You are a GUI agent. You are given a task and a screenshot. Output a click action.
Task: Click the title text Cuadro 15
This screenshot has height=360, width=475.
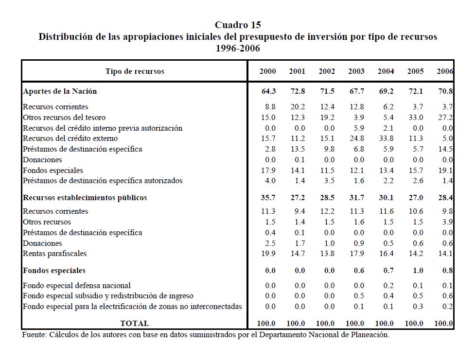click(238, 25)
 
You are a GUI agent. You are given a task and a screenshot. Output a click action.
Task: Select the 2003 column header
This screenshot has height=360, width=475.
click(356, 71)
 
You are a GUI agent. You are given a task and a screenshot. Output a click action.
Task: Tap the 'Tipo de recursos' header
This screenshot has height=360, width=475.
click(135, 71)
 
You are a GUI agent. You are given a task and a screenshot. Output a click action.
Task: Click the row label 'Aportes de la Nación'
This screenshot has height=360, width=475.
click(60, 91)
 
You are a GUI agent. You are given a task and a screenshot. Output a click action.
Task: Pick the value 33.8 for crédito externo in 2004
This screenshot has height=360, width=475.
click(386, 138)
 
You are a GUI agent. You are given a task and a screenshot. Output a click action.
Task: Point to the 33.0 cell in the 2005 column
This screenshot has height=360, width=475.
click(415, 118)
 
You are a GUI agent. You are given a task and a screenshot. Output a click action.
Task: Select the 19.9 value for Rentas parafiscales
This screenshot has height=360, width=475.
click(268, 254)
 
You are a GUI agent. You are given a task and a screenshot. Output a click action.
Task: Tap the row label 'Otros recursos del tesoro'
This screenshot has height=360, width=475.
click(64, 118)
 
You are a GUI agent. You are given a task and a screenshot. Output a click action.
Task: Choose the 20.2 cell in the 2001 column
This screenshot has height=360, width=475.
click(298, 107)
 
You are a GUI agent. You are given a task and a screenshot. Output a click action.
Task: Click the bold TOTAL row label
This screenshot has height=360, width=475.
click(135, 323)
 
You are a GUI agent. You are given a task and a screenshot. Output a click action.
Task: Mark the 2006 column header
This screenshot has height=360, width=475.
click(445, 71)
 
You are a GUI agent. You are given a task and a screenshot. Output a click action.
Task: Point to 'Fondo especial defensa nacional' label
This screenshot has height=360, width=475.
click(77, 286)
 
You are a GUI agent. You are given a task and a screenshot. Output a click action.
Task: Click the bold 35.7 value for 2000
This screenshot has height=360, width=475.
click(268, 198)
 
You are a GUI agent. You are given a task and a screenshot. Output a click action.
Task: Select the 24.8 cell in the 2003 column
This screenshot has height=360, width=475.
click(356, 138)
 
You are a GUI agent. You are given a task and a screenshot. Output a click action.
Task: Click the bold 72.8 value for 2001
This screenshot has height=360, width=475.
click(298, 91)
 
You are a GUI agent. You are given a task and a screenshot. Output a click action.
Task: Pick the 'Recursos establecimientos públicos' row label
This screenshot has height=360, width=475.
click(85, 198)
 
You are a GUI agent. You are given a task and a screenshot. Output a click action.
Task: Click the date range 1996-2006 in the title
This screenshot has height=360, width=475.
click(238, 48)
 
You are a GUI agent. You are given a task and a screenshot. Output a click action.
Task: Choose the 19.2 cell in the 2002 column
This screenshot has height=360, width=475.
click(327, 118)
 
